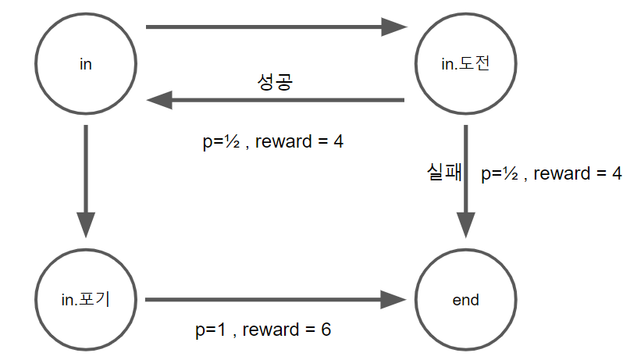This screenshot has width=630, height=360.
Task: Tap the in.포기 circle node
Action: coord(86,300)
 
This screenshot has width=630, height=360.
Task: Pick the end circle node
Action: coord(466,300)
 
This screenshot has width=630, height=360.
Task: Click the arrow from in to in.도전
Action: coord(273,28)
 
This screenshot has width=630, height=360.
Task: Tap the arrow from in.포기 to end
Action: coord(273,300)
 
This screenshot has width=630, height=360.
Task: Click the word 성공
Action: coord(275,83)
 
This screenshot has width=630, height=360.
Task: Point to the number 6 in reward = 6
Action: coord(326,330)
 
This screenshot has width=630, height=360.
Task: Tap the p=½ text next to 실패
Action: coord(499,174)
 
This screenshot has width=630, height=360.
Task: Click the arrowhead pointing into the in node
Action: coord(158,100)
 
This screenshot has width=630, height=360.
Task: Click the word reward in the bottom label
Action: coord(269,330)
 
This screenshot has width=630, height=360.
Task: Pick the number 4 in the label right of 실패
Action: coord(616,174)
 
